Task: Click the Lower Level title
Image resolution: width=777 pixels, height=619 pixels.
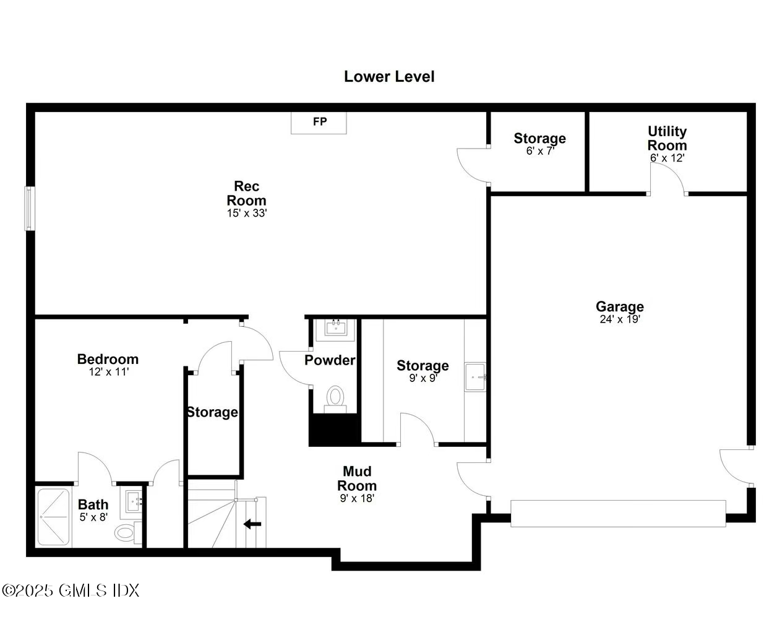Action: (389, 77)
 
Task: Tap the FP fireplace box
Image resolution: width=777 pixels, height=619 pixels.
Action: (319, 122)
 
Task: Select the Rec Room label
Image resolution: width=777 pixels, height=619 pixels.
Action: (246, 193)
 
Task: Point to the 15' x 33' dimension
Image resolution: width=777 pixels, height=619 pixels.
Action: (246, 213)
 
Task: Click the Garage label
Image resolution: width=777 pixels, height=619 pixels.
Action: (619, 306)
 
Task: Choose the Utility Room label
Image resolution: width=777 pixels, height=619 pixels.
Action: (667, 138)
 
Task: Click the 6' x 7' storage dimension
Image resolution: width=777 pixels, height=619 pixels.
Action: (539, 151)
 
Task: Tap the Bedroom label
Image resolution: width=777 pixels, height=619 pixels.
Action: (108, 359)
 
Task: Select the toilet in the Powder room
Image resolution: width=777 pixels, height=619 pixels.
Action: (335, 397)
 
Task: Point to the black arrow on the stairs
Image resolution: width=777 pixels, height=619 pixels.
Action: (252, 524)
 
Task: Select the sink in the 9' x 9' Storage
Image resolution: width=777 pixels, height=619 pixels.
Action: (475, 376)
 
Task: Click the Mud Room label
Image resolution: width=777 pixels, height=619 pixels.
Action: (357, 478)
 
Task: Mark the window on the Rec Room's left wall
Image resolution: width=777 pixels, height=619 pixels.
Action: (28, 209)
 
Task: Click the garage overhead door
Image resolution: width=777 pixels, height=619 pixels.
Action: (617, 513)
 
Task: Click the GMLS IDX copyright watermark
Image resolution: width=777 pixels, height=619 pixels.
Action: (71, 591)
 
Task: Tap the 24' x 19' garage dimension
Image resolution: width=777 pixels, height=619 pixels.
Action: (619, 319)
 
